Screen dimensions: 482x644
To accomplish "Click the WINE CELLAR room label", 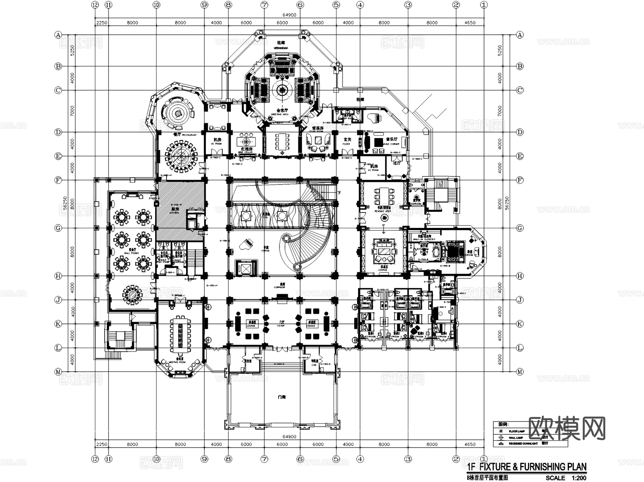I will point(246,152).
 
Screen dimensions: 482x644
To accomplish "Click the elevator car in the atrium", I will point(246,268).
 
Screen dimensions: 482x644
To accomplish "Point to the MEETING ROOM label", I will point(178,362).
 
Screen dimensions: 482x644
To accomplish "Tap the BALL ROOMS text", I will point(131,253).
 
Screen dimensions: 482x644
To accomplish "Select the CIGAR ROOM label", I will point(316,131).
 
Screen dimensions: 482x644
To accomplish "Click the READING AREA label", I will point(382,211).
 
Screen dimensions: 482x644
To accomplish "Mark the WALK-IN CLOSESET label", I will point(424,239).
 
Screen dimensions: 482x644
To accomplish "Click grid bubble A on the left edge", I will point(58,35).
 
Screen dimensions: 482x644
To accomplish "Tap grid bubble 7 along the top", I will point(264,5).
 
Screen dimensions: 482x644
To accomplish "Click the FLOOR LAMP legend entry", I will point(517,431).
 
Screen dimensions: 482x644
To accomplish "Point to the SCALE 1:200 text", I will point(566,478).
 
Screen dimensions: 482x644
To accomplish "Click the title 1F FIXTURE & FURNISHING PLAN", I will point(527,467).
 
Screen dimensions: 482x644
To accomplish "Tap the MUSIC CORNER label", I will point(391,144).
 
